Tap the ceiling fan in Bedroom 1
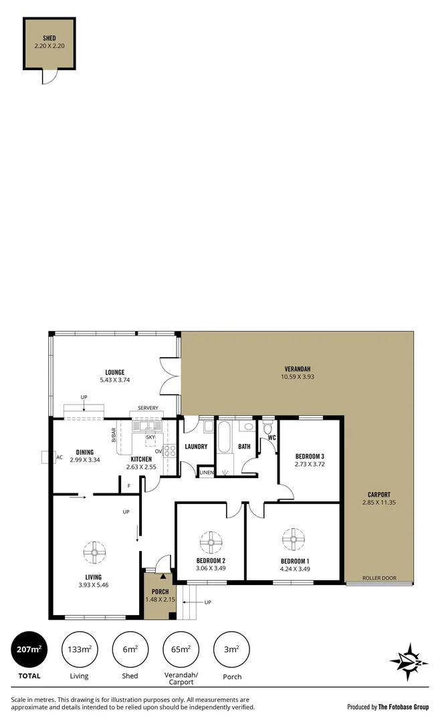[x=294, y=538]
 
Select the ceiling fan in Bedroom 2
[x=211, y=541]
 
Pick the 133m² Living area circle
[x=79, y=649]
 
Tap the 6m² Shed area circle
[x=130, y=649]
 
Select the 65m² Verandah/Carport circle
[x=181, y=649]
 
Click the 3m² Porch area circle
[x=231, y=649]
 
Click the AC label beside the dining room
[x=60, y=458]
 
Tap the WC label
[x=271, y=438]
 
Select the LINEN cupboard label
[x=207, y=473]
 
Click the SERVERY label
[x=148, y=408]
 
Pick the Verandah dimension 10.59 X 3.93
[x=298, y=377]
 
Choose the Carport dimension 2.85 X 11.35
[x=378, y=502]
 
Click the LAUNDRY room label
[x=195, y=447]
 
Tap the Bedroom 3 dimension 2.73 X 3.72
[x=310, y=464]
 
